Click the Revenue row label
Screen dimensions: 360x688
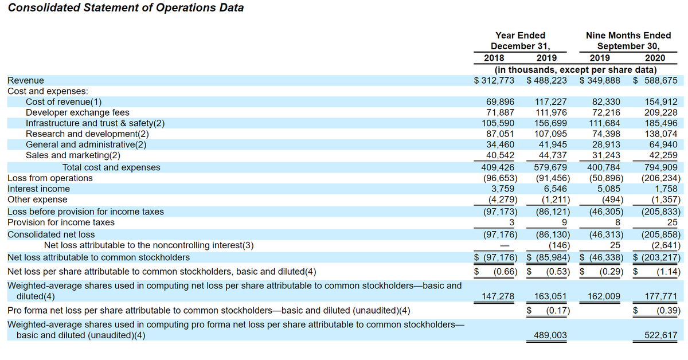pyautogui.click(x=25, y=81)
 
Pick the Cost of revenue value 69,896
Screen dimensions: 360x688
pyautogui.click(x=500, y=102)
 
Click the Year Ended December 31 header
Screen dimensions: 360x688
pyautogui.click(x=520, y=41)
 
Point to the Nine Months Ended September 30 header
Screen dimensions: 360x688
pyautogui.click(x=628, y=41)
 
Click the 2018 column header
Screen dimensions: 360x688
pyautogui.click(x=494, y=58)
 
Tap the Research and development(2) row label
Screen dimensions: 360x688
pyautogui.click(x=87, y=134)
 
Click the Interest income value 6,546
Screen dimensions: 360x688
pyautogui.click(x=554, y=189)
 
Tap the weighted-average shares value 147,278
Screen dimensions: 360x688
pyautogui.click(x=498, y=296)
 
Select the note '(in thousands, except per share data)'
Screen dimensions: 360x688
pyautogui.click(x=575, y=70)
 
